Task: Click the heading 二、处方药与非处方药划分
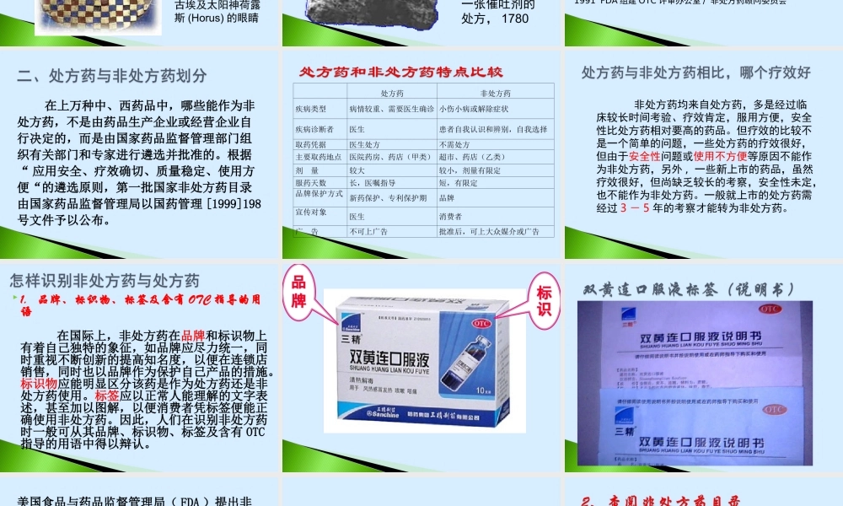coord(111,76)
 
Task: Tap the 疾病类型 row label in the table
coord(309,109)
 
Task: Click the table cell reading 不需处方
coord(456,144)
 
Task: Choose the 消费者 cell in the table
coord(451,217)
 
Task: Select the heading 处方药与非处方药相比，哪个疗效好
coord(696,73)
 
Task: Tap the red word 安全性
coord(644,156)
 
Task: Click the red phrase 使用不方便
coord(720,156)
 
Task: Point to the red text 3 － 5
coord(635,207)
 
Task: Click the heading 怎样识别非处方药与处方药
coord(105,280)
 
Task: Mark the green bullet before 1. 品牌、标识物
coord(13,299)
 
